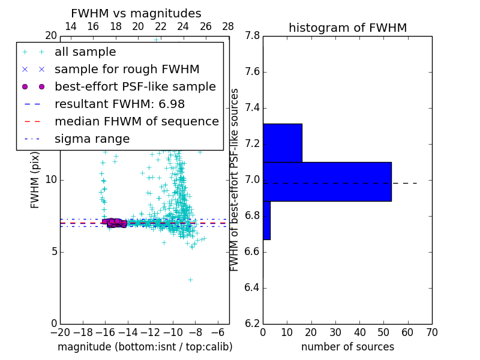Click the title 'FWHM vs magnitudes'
click(x=136, y=14)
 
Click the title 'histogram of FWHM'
click(x=347, y=28)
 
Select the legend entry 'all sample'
click(x=85, y=52)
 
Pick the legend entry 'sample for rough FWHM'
click(x=127, y=70)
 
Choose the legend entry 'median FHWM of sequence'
click(x=136, y=122)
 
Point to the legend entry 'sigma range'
click(x=92, y=139)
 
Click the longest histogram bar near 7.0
click(x=327, y=182)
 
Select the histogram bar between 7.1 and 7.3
click(x=282, y=143)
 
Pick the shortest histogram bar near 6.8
click(x=266, y=220)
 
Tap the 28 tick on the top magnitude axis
click(x=229, y=26)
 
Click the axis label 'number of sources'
click(x=347, y=347)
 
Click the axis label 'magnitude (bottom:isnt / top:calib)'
click(x=145, y=347)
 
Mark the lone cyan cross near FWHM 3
click(x=190, y=280)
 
